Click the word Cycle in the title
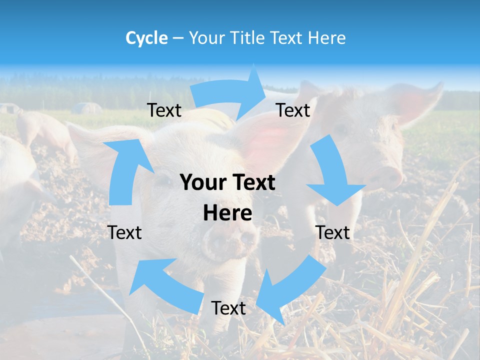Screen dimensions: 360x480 146,38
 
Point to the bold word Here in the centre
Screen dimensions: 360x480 227,213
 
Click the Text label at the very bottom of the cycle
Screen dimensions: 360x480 228,308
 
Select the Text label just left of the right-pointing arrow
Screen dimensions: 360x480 164,110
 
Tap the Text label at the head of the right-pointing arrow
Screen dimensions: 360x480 293,110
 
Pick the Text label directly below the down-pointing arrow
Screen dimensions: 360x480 333,232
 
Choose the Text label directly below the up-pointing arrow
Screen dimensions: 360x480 124,232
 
